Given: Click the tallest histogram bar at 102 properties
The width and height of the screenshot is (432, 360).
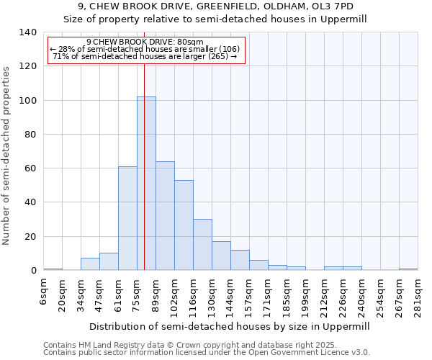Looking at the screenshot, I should (146, 184).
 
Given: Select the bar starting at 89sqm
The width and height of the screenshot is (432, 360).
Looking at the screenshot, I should (165, 216).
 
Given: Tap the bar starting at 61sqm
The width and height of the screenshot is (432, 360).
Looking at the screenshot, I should (127, 218).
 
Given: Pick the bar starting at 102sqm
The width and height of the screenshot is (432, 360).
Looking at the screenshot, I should (184, 225).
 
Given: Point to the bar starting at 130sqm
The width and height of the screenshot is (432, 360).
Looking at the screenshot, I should (221, 256).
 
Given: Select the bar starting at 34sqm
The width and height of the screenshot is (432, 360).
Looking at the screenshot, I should (90, 264).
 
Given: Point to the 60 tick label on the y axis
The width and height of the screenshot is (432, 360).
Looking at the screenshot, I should (30, 168).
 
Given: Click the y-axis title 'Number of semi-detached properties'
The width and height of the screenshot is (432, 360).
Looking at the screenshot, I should (6, 156).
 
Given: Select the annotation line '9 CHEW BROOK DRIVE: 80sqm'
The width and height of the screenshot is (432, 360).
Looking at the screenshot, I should (145, 42).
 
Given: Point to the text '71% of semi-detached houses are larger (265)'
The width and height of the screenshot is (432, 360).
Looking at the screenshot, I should (145, 56).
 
